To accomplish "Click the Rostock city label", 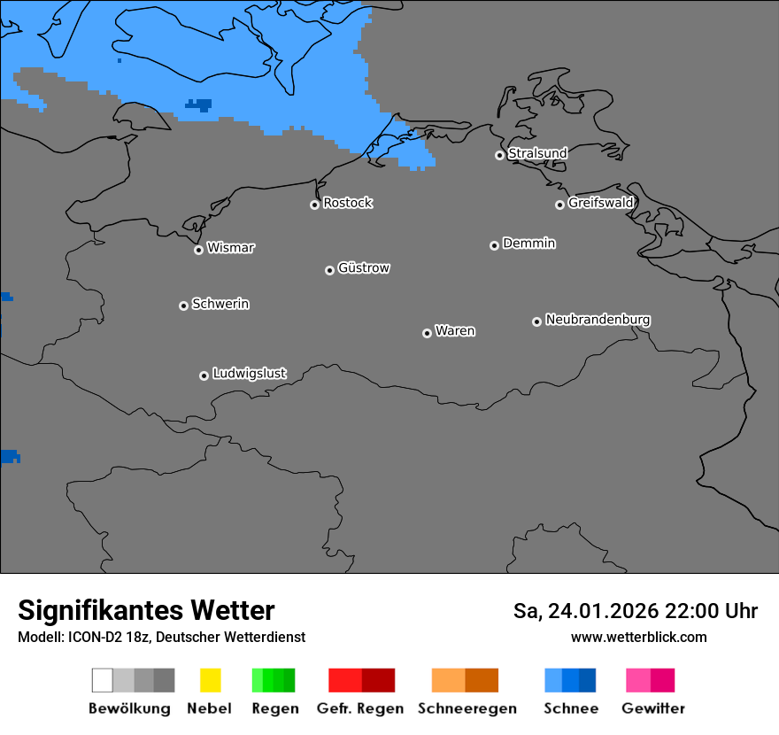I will pos(348,203).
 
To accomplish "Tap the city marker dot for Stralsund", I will pos(499,155).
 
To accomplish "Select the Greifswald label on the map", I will pos(601,203).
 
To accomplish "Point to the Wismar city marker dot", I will pos(198,250).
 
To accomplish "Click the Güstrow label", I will pos(364,267).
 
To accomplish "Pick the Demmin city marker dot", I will pos(494,245).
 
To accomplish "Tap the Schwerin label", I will pos(220,304).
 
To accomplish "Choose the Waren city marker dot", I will pos(427,333).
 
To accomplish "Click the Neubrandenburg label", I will pos(598,319).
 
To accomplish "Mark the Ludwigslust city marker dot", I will pos(204,375).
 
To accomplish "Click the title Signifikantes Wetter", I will pos(146,610).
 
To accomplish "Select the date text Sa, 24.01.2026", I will pos(585,611).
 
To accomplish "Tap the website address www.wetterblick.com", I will pos(638,637).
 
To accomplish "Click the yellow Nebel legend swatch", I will pos(210,680).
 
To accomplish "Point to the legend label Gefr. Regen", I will pos(359,708).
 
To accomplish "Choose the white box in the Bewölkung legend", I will pos(103,680).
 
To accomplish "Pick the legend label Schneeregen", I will pos(467,708).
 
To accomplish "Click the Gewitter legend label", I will pos(653,708).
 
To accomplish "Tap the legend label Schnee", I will pos(571,708).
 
